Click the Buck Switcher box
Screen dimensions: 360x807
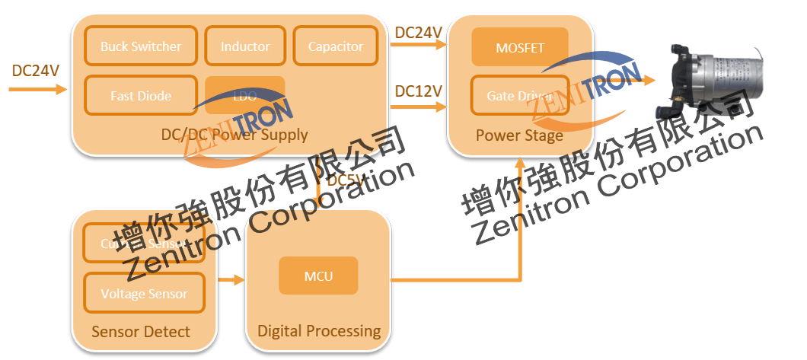141,46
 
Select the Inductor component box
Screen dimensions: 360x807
245,46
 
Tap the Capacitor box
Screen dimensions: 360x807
336,46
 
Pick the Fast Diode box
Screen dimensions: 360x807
141,96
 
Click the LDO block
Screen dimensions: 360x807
244,96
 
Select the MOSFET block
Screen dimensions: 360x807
520,47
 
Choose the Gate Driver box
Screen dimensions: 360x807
520,97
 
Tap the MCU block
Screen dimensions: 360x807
318,276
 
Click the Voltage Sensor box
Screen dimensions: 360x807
144,294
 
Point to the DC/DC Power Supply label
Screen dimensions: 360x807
234,135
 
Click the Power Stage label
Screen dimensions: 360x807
519,136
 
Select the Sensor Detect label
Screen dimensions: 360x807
141,332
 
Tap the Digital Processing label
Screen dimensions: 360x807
319,331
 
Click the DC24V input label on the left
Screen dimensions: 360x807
36,71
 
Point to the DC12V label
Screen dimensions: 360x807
418,91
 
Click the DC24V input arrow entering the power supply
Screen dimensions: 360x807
38,89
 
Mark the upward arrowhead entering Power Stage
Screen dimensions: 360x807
520,164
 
